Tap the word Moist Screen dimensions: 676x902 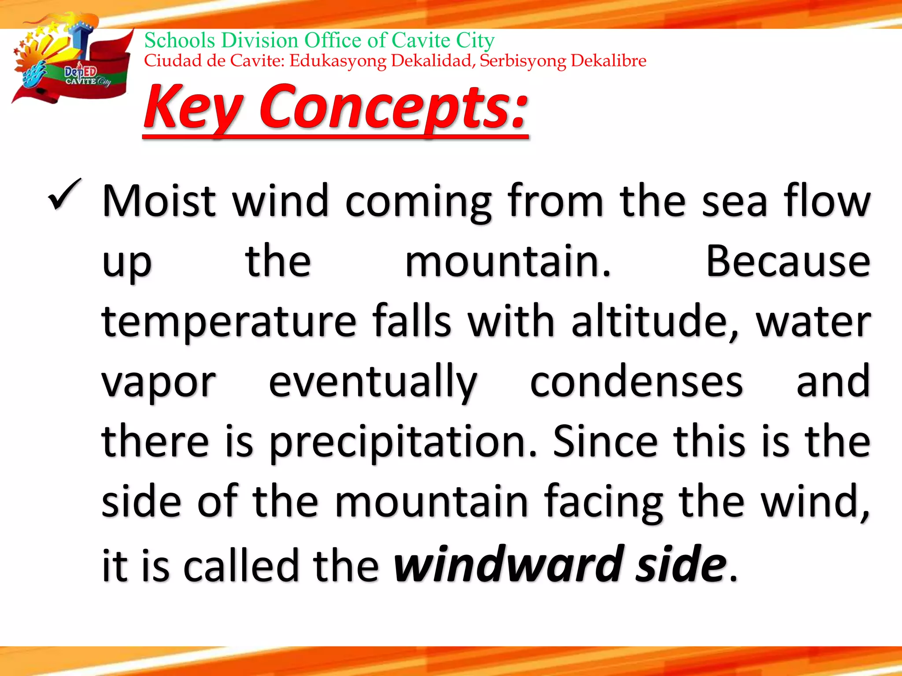[159, 201]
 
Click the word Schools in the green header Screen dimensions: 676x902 [180, 40]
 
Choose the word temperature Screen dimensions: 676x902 [229, 322]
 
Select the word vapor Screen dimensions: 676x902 [159, 382]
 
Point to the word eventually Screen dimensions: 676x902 [373, 382]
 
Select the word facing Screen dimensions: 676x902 [603, 502]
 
